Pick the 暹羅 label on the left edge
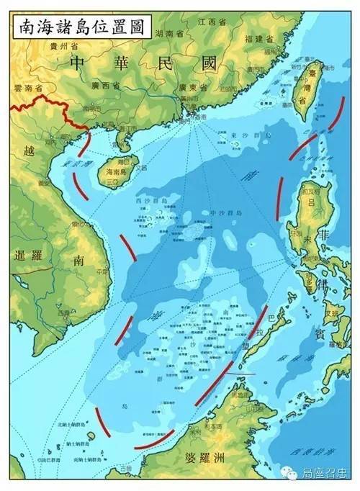point(30,256)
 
